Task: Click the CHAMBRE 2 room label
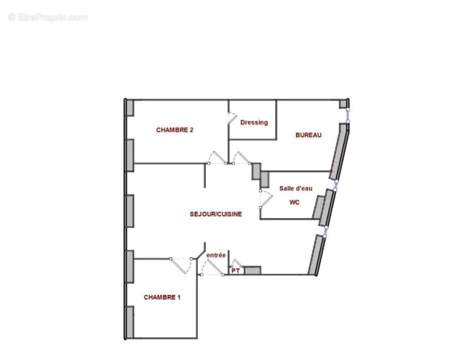[x=175, y=130]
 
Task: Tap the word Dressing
[x=254, y=122]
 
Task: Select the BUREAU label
[x=308, y=135]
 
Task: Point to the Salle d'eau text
[x=296, y=189]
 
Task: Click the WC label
[x=295, y=203]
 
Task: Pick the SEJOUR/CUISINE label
[x=215, y=214]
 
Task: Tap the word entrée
[x=216, y=255]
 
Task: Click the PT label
[x=235, y=271]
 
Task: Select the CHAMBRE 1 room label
[x=162, y=297]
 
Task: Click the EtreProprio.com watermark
[x=48, y=18]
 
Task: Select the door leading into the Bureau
[x=243, y=157]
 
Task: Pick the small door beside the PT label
[x=236, y=263]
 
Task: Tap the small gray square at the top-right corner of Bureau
[x=343, y=104]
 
